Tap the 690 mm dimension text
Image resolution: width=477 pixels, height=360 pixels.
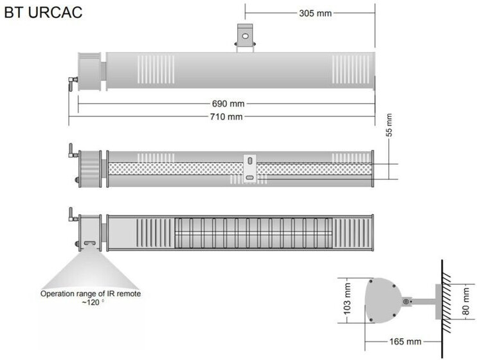[x=227, y=103]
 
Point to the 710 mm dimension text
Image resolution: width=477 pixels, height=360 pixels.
[x=227, y=116]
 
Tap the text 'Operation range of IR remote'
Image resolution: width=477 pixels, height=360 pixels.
[x=90, y=294]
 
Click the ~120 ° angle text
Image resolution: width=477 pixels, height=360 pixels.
[x=91, y=303]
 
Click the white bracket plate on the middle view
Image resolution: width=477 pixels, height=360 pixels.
[x=249, y=168]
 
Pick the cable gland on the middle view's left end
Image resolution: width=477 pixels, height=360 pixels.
[x=71, y=154]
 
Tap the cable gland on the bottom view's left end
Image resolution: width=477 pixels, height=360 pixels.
[x=71, y=216]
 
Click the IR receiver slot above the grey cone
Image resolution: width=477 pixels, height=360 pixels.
[x=88, y=244]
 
